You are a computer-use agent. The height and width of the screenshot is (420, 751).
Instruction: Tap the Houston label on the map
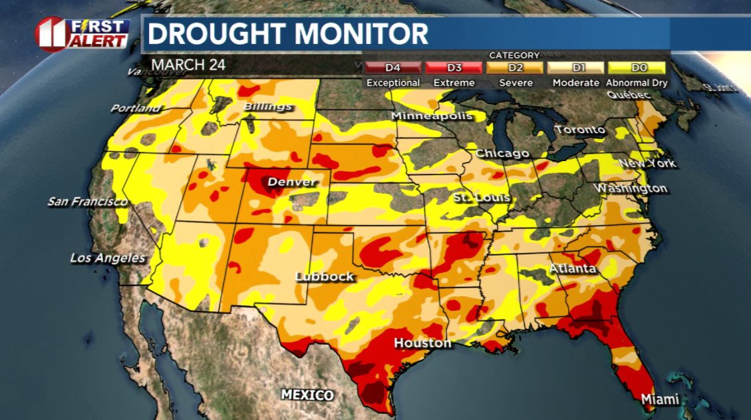[422, 343]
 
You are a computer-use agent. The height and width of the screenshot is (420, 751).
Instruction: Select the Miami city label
[660, 399]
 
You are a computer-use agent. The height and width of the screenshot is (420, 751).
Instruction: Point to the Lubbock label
[325, 277]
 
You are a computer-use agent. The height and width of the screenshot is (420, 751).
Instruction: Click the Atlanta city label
[572, 269]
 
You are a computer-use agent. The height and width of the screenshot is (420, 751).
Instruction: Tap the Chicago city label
[502, 154]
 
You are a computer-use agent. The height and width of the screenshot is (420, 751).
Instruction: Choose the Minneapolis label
[432, 116]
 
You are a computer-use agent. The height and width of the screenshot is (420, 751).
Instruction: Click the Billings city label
[267, 106]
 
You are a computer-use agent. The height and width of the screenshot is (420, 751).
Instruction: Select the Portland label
[136, 108]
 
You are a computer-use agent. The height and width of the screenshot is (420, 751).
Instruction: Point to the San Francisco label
[87, 201]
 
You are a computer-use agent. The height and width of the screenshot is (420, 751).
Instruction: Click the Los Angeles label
[108, 258]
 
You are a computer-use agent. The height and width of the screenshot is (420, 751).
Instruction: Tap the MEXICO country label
[307, 395]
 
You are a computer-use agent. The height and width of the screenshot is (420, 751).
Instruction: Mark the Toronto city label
[580, 130]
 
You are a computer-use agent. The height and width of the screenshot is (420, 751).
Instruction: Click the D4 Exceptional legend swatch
[393, 68]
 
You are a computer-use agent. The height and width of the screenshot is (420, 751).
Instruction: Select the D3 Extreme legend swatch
[454, 68]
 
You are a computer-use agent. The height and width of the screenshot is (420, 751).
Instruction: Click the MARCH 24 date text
[189, 65]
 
